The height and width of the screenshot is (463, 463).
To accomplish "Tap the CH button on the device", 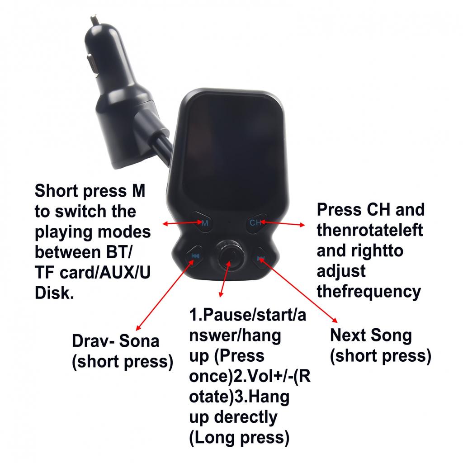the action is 256,223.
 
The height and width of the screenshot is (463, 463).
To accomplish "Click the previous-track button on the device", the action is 194,256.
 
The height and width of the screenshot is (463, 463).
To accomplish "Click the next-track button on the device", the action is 261,258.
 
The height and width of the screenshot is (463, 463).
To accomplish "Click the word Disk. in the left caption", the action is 54,293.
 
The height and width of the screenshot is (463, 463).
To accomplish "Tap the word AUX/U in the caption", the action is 125,273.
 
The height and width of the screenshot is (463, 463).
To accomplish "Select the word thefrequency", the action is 369,292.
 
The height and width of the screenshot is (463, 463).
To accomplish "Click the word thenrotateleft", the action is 370,230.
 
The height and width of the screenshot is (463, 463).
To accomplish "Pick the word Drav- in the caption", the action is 93,341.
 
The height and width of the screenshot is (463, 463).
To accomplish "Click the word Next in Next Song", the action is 348,335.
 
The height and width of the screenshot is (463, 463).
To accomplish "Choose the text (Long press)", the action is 239,438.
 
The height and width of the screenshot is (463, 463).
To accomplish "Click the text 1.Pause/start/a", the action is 248,315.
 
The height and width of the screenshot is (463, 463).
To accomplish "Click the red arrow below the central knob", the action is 225,279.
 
